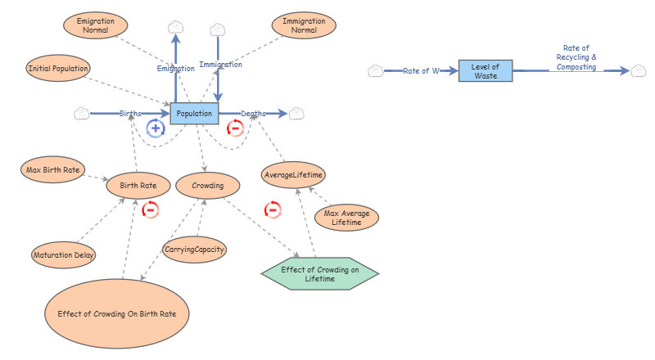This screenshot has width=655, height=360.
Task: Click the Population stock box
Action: pos(195,113)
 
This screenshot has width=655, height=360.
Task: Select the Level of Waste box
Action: pos(486,70)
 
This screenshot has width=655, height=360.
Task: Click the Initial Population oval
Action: pos(58,67)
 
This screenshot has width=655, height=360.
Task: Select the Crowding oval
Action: pos(207,186)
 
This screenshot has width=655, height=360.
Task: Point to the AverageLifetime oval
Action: pos(294,175)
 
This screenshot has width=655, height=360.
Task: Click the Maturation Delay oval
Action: pos(63,255)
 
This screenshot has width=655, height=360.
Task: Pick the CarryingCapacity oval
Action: pos(194,249)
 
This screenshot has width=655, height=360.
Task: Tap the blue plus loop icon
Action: pos(156,128)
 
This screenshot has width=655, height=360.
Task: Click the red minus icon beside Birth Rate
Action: pos(150,209)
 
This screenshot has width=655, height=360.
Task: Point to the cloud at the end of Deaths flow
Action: pos(296,113)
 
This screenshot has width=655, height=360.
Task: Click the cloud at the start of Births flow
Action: pos(81,113)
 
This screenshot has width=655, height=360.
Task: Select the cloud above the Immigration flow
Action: pos(217,29)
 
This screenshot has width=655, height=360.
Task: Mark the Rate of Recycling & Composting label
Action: pos(576,57)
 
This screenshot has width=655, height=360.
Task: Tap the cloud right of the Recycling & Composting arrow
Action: pos(638,71)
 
